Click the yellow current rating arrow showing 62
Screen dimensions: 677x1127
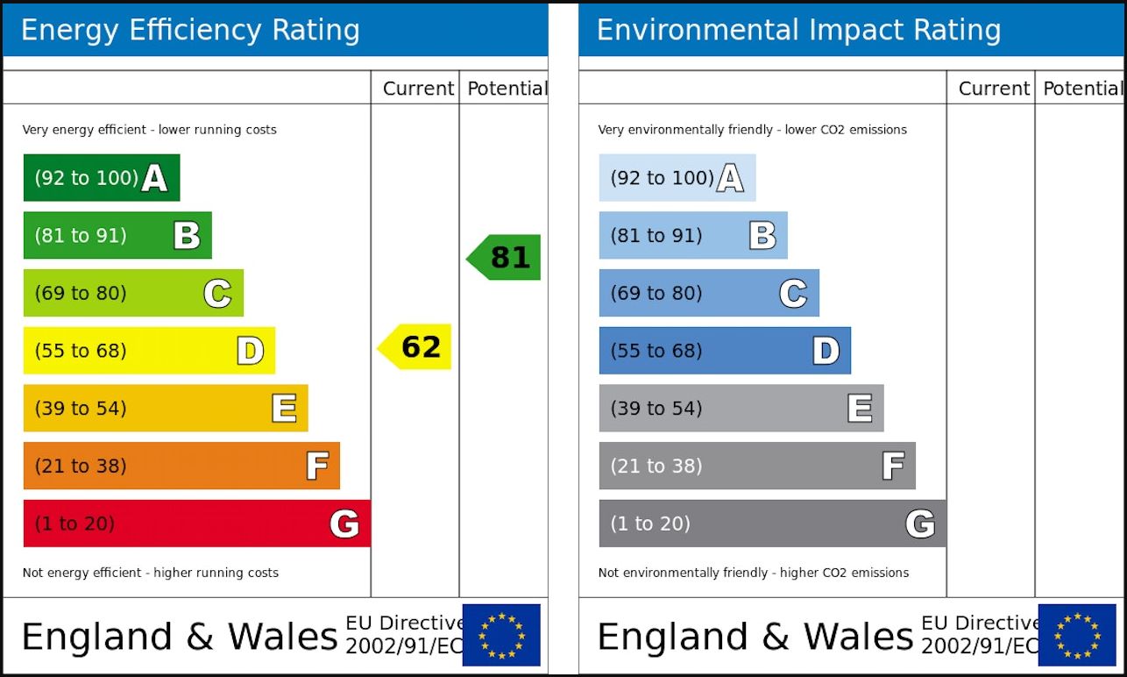tap(415, 347)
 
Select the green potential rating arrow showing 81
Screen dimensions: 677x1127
tap(505, 257)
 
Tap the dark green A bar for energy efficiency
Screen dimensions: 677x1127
tap(101, 178)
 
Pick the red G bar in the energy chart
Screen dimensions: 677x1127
tap(196, 524)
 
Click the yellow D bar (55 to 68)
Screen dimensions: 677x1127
tap(149, 351)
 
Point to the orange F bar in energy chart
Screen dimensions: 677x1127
tap(181, 466)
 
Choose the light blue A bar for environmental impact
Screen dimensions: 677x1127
tap(677, 178)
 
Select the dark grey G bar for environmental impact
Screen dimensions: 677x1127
tap(771, 524)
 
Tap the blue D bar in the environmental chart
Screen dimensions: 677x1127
tap(724, 351)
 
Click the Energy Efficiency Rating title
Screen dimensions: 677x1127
tap(190, 31)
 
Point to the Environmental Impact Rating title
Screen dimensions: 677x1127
tap(798, 31)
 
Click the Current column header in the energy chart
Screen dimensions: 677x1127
tap(418, 89)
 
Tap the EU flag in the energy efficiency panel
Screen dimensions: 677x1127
tap(501, 635)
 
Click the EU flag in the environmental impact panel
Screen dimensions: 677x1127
tap(1077, 635)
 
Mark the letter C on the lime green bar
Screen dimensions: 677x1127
tap(217, 294)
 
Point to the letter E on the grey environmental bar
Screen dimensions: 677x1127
tap(860, 409)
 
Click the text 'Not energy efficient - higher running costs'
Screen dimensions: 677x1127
tap(150, 573)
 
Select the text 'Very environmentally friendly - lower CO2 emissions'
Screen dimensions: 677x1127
tap(752, 130)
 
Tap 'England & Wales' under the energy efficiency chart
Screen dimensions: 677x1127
tap(179, 637)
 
